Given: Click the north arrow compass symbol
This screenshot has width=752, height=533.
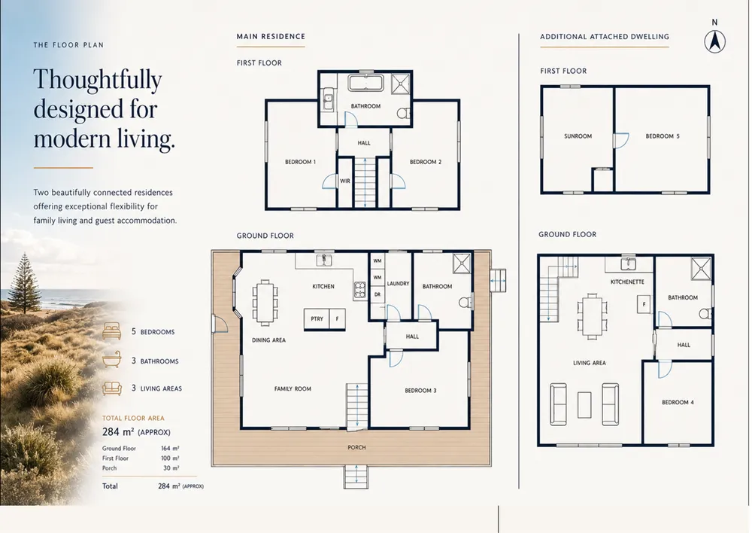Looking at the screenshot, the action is point(714,41).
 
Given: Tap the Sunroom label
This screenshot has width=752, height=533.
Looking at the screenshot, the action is point(578,136).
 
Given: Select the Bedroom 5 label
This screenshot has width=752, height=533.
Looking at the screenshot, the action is point(663,136).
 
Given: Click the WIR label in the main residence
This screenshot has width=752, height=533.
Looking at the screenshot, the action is point(345,181).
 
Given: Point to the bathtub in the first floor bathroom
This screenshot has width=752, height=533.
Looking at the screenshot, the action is point(365,83).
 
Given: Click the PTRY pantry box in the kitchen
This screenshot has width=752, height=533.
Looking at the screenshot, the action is point(317,319).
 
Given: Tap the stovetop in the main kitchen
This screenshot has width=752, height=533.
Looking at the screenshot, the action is point(360,290).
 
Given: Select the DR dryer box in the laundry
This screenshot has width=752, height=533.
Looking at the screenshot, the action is point(378,295).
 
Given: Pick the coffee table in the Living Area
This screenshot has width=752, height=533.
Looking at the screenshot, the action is point(584,405).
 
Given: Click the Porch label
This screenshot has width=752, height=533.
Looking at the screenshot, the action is point(356,447).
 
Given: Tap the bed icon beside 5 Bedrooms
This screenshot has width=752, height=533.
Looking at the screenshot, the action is point(112,331).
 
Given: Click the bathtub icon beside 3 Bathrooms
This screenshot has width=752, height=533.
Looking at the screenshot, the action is point(112,361).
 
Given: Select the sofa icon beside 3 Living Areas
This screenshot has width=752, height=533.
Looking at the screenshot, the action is point(112,388).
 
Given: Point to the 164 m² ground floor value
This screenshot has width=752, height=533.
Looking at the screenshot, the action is point(170,449).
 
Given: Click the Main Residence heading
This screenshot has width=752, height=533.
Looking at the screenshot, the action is point(271,36).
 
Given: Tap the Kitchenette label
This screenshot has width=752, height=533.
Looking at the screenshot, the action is point(627,282).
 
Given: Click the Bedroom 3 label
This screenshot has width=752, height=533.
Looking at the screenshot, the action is point(420,391).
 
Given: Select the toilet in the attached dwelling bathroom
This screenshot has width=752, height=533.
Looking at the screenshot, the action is point(705,314).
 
